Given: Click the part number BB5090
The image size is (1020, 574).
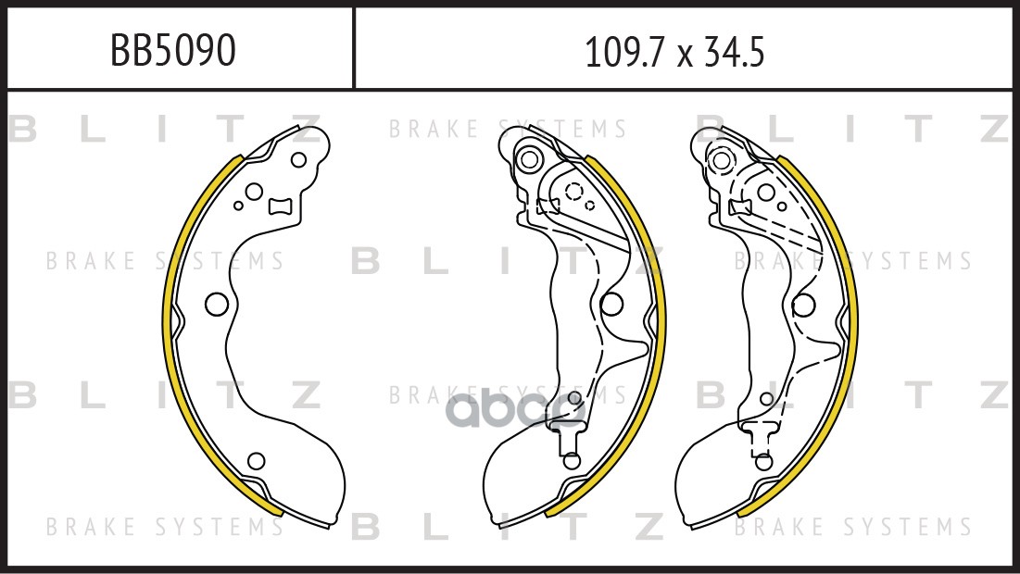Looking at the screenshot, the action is pos(172,50).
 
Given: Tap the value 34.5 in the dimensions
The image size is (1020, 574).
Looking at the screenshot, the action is pos(733,52).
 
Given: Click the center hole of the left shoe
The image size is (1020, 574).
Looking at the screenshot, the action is pos(216,304).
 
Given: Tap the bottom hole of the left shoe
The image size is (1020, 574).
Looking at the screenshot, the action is pos(257,461).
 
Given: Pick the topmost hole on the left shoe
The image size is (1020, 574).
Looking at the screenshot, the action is pos(298,160).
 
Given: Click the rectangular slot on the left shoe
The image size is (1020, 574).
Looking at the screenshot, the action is pos(282,206).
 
